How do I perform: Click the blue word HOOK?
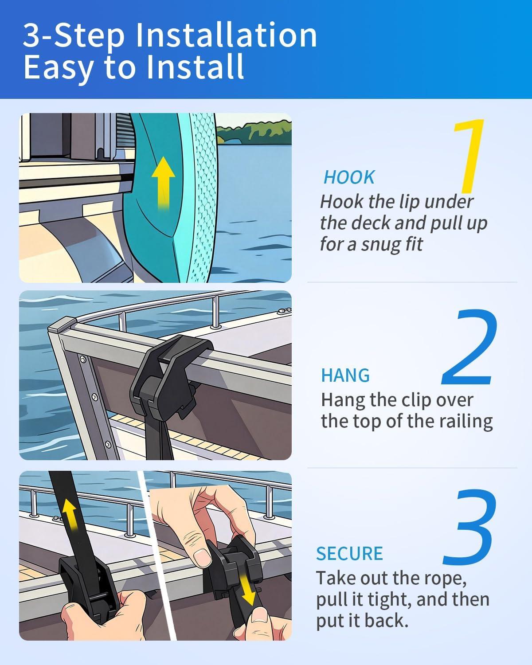coord(349,177)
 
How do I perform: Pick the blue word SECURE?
coord(349,553)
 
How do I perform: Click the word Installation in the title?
coord(226,35)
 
